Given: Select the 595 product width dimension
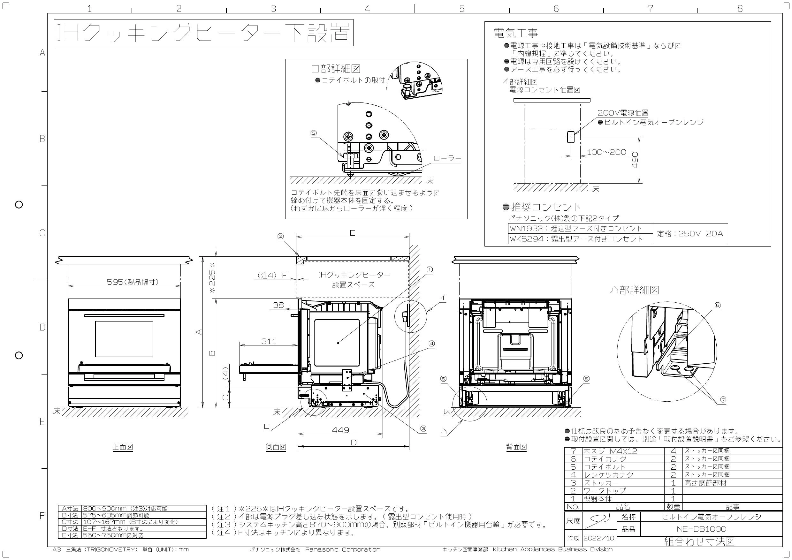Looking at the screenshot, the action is [x=133, y=282].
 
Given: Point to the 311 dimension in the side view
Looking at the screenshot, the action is [x=269, y=341].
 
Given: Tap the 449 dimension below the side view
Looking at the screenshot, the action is [x=340, y=430].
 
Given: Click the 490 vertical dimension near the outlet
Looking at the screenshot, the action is [x=636, y=160].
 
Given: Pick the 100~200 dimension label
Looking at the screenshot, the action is [x=606, y=152].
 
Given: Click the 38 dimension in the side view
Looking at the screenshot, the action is [x=278, y=305].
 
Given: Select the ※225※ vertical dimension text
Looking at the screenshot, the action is [x=212, y=277].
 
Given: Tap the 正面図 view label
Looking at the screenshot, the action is [x=123, y=447].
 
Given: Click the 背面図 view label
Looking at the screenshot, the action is [x=516, y=447].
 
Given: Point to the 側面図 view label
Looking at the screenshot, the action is [x=276, y=447].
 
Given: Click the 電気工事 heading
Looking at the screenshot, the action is [x=516, y=33].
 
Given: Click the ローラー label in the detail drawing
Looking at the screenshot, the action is [x=447, y=159].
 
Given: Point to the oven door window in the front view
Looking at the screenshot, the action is [x=124, y=339].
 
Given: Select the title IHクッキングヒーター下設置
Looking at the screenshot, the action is [x=203, y=33].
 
